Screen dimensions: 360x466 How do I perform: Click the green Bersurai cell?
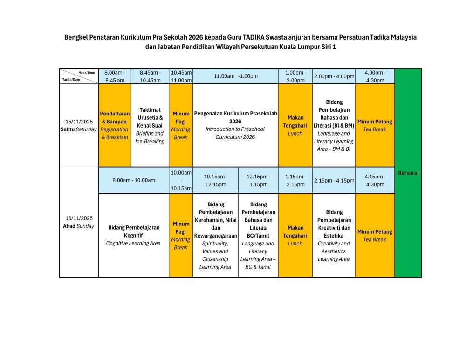[408, 173]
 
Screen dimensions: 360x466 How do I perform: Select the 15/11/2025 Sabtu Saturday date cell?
[78, 125]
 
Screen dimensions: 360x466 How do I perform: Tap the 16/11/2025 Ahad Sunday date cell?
[78, 222]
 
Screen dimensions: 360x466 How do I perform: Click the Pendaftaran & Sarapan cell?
[115, 125]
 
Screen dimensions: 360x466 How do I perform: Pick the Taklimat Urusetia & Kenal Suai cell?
[150, 125]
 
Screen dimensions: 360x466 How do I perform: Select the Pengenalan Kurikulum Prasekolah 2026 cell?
[235, 125]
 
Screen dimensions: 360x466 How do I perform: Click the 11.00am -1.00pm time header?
[235, 76]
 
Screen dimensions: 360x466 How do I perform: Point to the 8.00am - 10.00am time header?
[133, 180]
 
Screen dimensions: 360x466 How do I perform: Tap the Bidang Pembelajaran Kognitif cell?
[133, 235]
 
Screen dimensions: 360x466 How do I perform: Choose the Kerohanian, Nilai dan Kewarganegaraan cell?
[215, 235]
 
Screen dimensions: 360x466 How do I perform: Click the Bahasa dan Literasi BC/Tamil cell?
[258, 235]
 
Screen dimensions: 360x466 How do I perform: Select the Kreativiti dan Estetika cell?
[334, 235]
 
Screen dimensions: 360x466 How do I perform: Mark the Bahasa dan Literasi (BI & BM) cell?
[334, 125]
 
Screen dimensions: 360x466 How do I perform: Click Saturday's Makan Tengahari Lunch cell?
[295, 125]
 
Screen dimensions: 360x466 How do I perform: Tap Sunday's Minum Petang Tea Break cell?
[375, 235]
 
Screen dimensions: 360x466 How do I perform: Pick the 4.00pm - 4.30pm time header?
[375, 76]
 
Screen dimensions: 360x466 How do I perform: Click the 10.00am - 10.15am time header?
[181, 180]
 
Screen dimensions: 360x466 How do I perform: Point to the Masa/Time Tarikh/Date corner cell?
[78, 76]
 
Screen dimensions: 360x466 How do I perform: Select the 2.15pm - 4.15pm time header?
[334, 180]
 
